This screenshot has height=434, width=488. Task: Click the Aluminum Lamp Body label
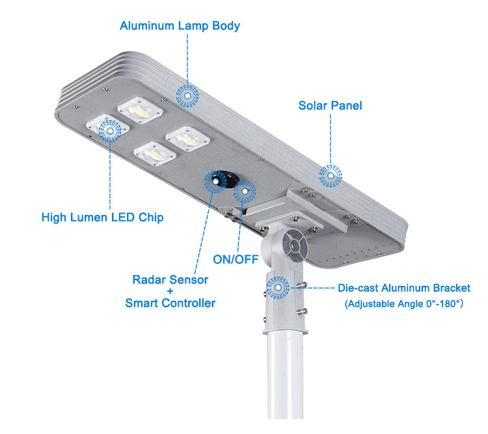[x=180, y=26]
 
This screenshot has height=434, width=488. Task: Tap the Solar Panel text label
[x=330, y=105]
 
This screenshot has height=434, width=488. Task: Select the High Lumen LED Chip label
[x=103, y=217]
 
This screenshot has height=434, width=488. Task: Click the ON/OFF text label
[x=236, y=259]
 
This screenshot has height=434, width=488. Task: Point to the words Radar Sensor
[x=170, y=280]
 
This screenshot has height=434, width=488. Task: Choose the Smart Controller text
[x=170, y=303]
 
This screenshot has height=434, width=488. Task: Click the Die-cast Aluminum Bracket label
[x=403, y=288]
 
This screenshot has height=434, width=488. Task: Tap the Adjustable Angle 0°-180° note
[x=403, y=303]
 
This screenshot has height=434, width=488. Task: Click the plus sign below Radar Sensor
[x=170, y=292]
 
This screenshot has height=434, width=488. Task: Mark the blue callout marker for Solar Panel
[x=331, y=174]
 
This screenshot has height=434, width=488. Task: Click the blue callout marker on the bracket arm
[x=278, y=287]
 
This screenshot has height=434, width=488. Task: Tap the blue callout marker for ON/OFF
[x=245, y=191]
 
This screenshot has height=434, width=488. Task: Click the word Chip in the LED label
[x=150, y=217]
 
